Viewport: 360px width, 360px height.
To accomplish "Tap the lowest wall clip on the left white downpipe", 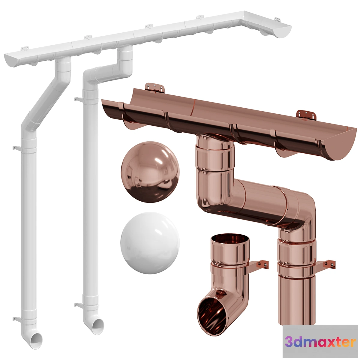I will point(15,318).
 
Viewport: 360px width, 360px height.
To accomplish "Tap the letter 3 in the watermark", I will point(289,342).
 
